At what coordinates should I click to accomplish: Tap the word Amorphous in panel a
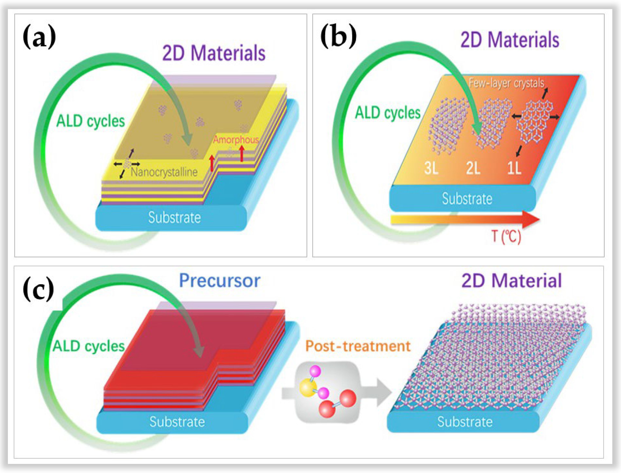pyautogui.click(x=236, y=140)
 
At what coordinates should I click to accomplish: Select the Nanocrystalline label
pyautogui.click(x=164, y=172)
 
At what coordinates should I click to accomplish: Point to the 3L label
pyautogui.click(x=431, y=168)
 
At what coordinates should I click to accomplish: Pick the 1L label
pyautogui.click(x=514, y=168)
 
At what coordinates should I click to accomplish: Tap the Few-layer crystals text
pyautogui.click(x=506, y=83)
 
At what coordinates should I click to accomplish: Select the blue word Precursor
pyautogui.click(x=220, y=281)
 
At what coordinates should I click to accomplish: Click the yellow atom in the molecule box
pyautogui.click(x=308, y=388)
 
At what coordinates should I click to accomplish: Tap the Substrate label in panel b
pyautogui.click(x=467, y=199)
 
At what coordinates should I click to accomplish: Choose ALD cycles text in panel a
pyautogui.click(x=91, y=121)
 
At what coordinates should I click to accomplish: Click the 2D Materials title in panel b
pyautogui.click(x=510, y=40)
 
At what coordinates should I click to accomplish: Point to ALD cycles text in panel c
pyautogui.click(x=89, y=346)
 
